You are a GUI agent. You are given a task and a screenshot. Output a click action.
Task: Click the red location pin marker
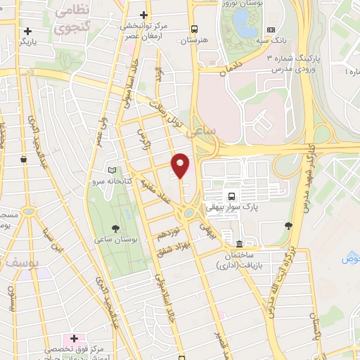pyautogui.click(x=181, y=165)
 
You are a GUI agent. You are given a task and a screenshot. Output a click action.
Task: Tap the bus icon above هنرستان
pyautogui.click(x=194, y=29)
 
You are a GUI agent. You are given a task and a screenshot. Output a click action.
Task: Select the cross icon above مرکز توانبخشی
pyautogui.click(x=144, y=15)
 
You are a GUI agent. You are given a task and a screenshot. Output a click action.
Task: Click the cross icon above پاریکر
pyautogui.click(x=27, y=31)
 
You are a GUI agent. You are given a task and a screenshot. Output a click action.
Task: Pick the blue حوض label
pyautogui.click(x=350, y=259)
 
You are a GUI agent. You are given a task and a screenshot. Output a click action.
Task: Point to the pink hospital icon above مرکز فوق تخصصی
pyautogui.click(x=72, y=339)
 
